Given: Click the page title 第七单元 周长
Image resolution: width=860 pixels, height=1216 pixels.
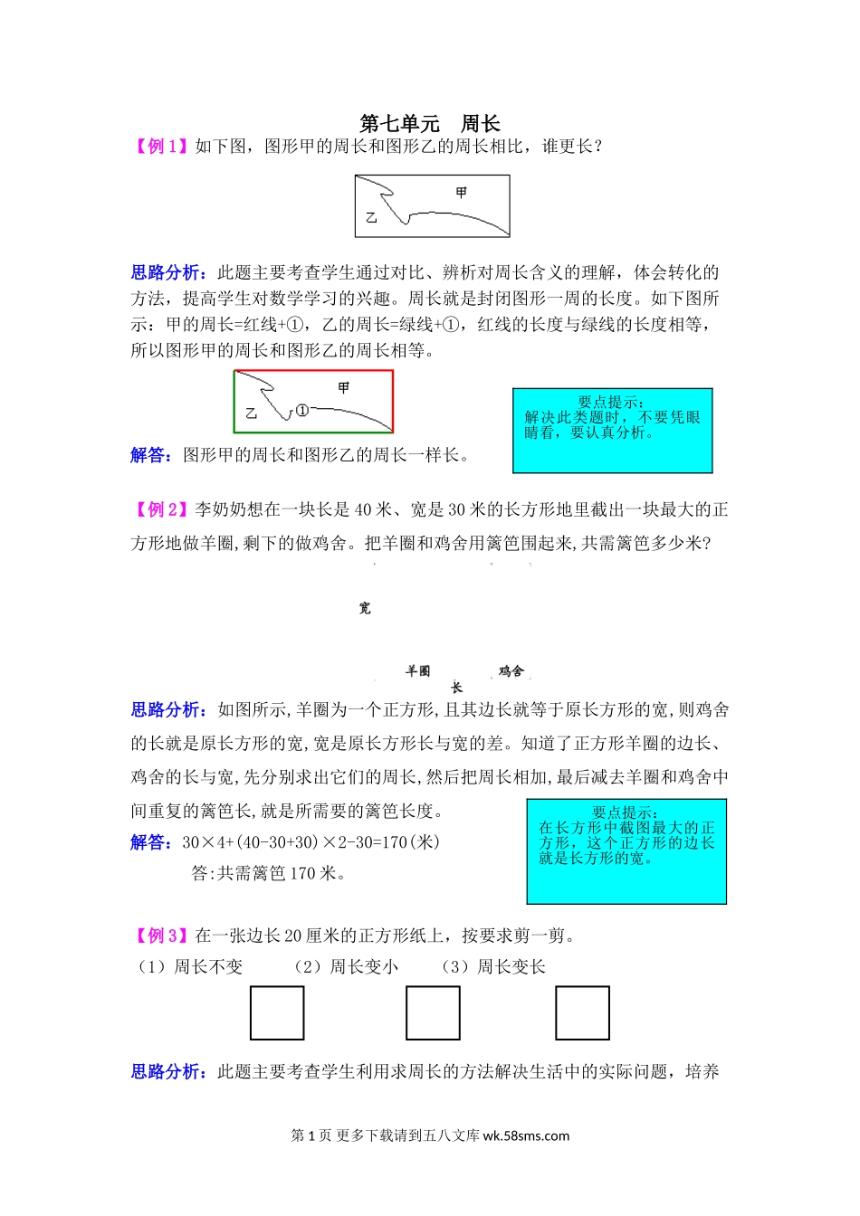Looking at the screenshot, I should point(430,124).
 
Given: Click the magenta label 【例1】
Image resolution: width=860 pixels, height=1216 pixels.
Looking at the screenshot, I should point(162,147).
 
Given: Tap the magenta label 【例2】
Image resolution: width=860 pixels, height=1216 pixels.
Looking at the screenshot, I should point(162,510).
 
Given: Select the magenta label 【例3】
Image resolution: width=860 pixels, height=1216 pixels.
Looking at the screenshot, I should point(162,936).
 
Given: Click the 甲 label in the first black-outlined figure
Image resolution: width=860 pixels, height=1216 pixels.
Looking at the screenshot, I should point(462,193).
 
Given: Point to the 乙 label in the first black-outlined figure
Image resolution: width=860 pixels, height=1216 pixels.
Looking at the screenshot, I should point(371,218).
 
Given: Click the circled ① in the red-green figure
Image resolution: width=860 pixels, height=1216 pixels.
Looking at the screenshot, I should point(302,410).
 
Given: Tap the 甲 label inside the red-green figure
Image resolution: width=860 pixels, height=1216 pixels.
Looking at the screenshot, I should point(344,388).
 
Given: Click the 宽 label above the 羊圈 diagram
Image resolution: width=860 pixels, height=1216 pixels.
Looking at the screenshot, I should point(365,608).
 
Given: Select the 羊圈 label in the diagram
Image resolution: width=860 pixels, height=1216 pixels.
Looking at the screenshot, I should point(418,671).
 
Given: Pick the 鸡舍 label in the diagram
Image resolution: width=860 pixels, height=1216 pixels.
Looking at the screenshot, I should point(511,671).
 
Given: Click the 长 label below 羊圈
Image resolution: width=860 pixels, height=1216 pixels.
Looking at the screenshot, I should point(456,688).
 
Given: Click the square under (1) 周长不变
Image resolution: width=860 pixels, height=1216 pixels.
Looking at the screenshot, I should point(277,1013).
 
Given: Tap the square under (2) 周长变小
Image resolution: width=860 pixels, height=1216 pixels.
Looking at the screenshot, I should point(433,1013).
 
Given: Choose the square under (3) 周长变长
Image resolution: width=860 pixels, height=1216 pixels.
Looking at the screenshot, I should point(582,1013).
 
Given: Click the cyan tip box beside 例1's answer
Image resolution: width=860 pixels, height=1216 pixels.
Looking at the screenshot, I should point(613,431).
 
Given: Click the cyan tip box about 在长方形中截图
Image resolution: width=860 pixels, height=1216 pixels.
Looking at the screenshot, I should point(626,851).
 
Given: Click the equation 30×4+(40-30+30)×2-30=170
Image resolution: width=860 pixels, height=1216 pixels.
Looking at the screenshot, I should point(311,842).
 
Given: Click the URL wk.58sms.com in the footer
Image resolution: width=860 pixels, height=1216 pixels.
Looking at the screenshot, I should point(526,1136).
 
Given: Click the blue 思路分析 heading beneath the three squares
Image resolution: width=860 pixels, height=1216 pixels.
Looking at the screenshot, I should point(168,1072).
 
